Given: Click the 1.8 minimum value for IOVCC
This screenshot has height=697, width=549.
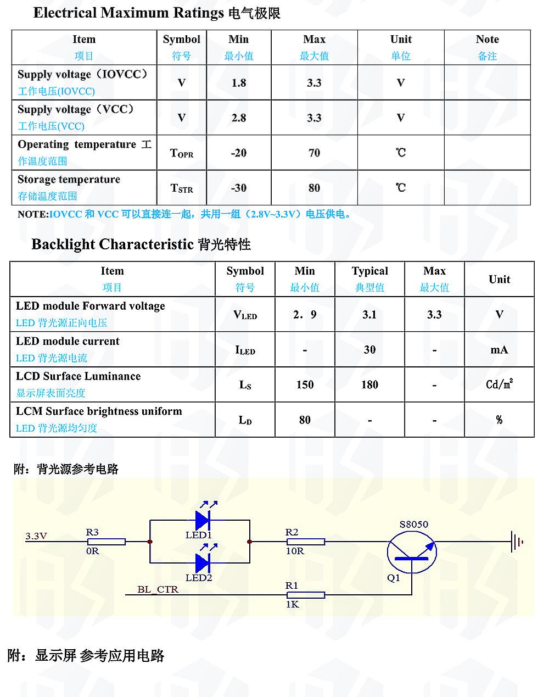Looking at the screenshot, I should click(239, 83).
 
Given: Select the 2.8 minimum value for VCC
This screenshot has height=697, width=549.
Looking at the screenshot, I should click(239, 118).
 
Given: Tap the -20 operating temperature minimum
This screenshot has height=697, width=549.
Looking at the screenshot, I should click(239, 153).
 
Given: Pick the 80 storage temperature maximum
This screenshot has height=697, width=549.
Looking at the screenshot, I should click(314, 188).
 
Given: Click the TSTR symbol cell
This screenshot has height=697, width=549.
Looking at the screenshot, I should click(182, 188).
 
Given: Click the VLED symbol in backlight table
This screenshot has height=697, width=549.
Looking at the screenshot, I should click(245, 315).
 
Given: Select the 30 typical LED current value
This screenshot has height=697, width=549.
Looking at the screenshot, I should click(369, 350).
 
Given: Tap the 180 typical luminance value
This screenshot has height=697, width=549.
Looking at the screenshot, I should click(369, 385).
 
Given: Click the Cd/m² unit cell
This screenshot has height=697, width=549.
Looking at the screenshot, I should click(499, 384).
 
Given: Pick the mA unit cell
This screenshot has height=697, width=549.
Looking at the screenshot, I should click(499, 350).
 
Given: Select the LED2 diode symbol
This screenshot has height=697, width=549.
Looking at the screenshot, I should click(203, 562).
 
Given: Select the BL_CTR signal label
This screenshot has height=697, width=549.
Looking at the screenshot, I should click(158, 589).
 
